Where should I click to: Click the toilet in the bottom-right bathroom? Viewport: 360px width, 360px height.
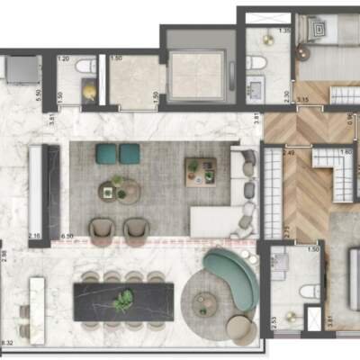click(310, 291)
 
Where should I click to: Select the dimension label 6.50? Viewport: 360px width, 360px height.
click(67, 235)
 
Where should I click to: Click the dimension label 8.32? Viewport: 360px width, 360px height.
click(7, 342)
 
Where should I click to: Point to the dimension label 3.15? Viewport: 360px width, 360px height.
click(303, 100)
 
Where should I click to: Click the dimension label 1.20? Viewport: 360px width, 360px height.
click(64, 59)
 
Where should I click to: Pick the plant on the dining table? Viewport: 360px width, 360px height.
click(124, 299)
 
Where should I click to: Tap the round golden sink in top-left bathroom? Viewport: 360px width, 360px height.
click(88, 91)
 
